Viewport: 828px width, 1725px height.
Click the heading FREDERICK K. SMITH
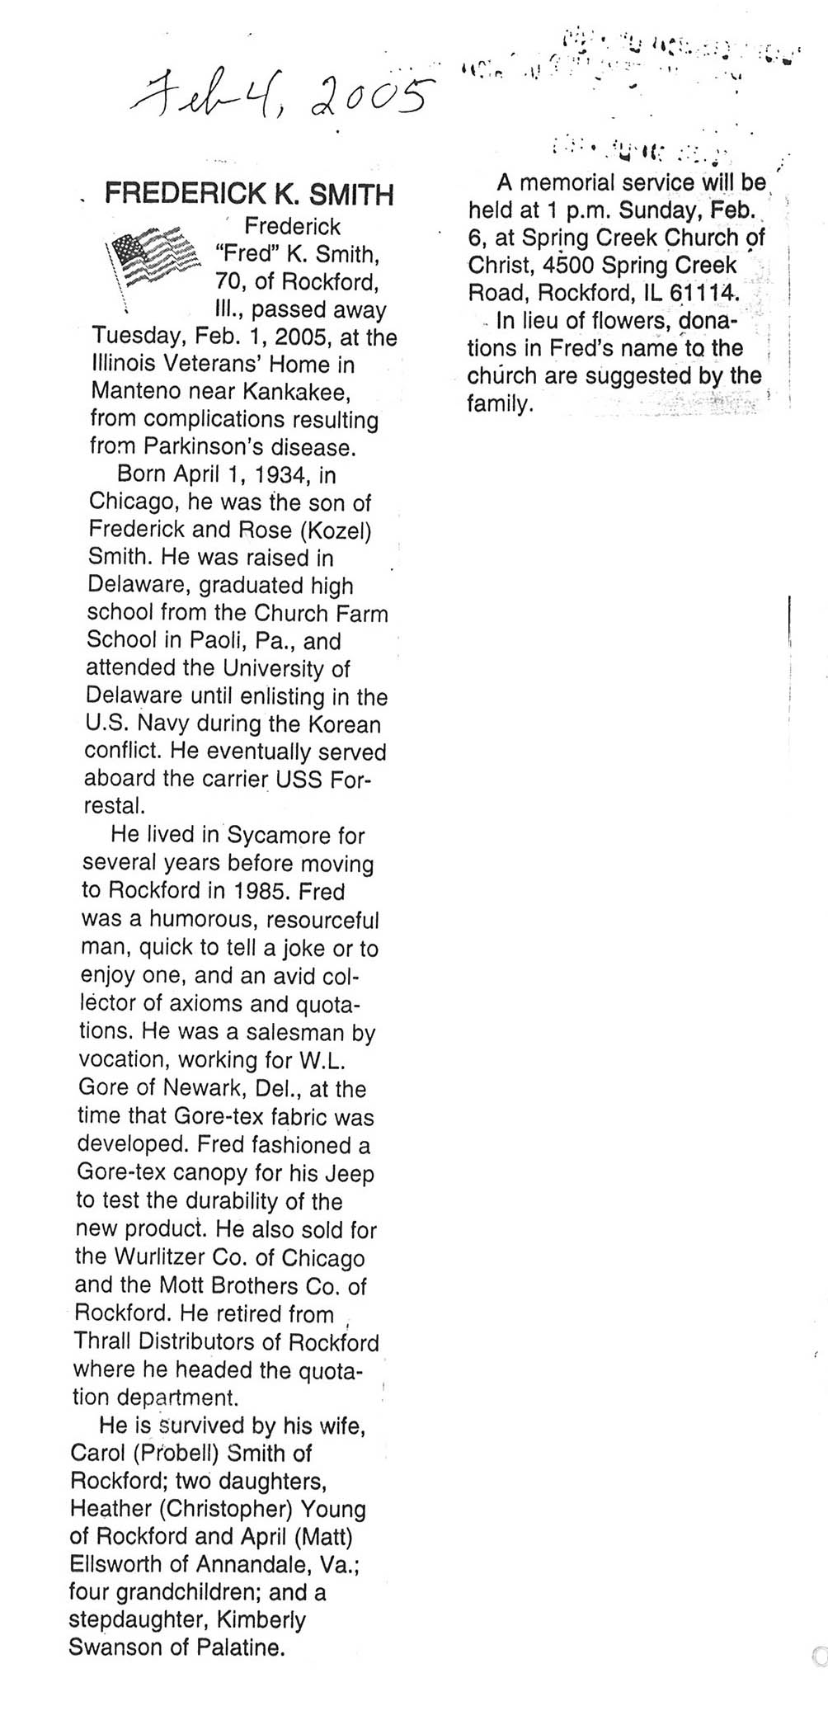click(x=249, y=195)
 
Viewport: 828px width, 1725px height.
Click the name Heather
click(x=111, y=1509)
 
